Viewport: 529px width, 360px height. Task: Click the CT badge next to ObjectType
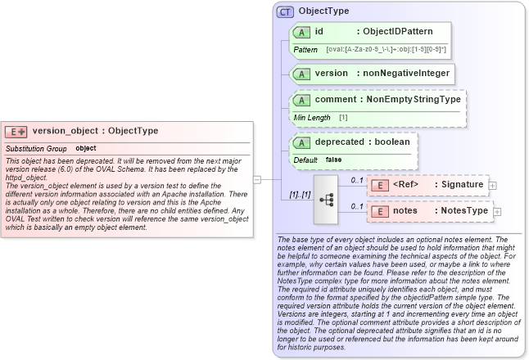point(285,11)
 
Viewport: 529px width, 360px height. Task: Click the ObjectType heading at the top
point(323,11)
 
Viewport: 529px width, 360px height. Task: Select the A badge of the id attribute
point(301,32)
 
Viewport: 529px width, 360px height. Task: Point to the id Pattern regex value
point(385,50)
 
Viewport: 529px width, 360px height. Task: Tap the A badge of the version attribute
point(301,74)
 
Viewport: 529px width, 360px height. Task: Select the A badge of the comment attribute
point(301,100)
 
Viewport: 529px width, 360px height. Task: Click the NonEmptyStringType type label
point(413,100)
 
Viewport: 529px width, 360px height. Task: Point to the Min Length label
point(312,118)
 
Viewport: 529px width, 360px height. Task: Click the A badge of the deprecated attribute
point(301,142)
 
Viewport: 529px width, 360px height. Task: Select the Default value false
point(333,160)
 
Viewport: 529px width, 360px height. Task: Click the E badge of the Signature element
point(380,185)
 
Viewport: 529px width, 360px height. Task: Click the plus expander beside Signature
point(492,186)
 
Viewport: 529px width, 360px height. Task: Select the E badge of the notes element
point(380,211)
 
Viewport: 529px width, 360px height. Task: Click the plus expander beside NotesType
point(497,212)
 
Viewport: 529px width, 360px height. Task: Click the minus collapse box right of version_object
point(256,179)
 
